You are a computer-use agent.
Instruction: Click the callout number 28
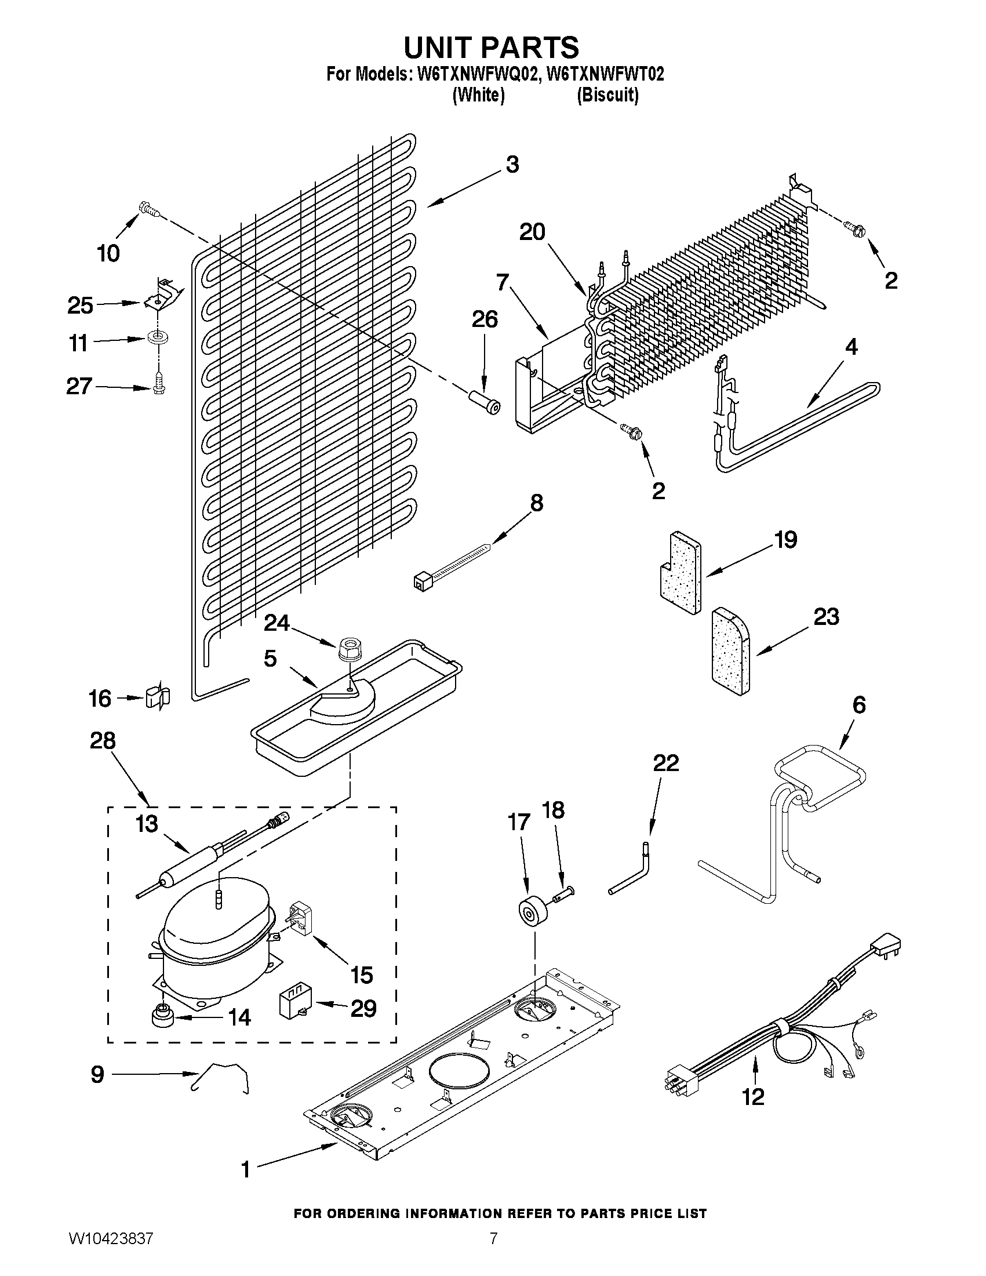point(102,741)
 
